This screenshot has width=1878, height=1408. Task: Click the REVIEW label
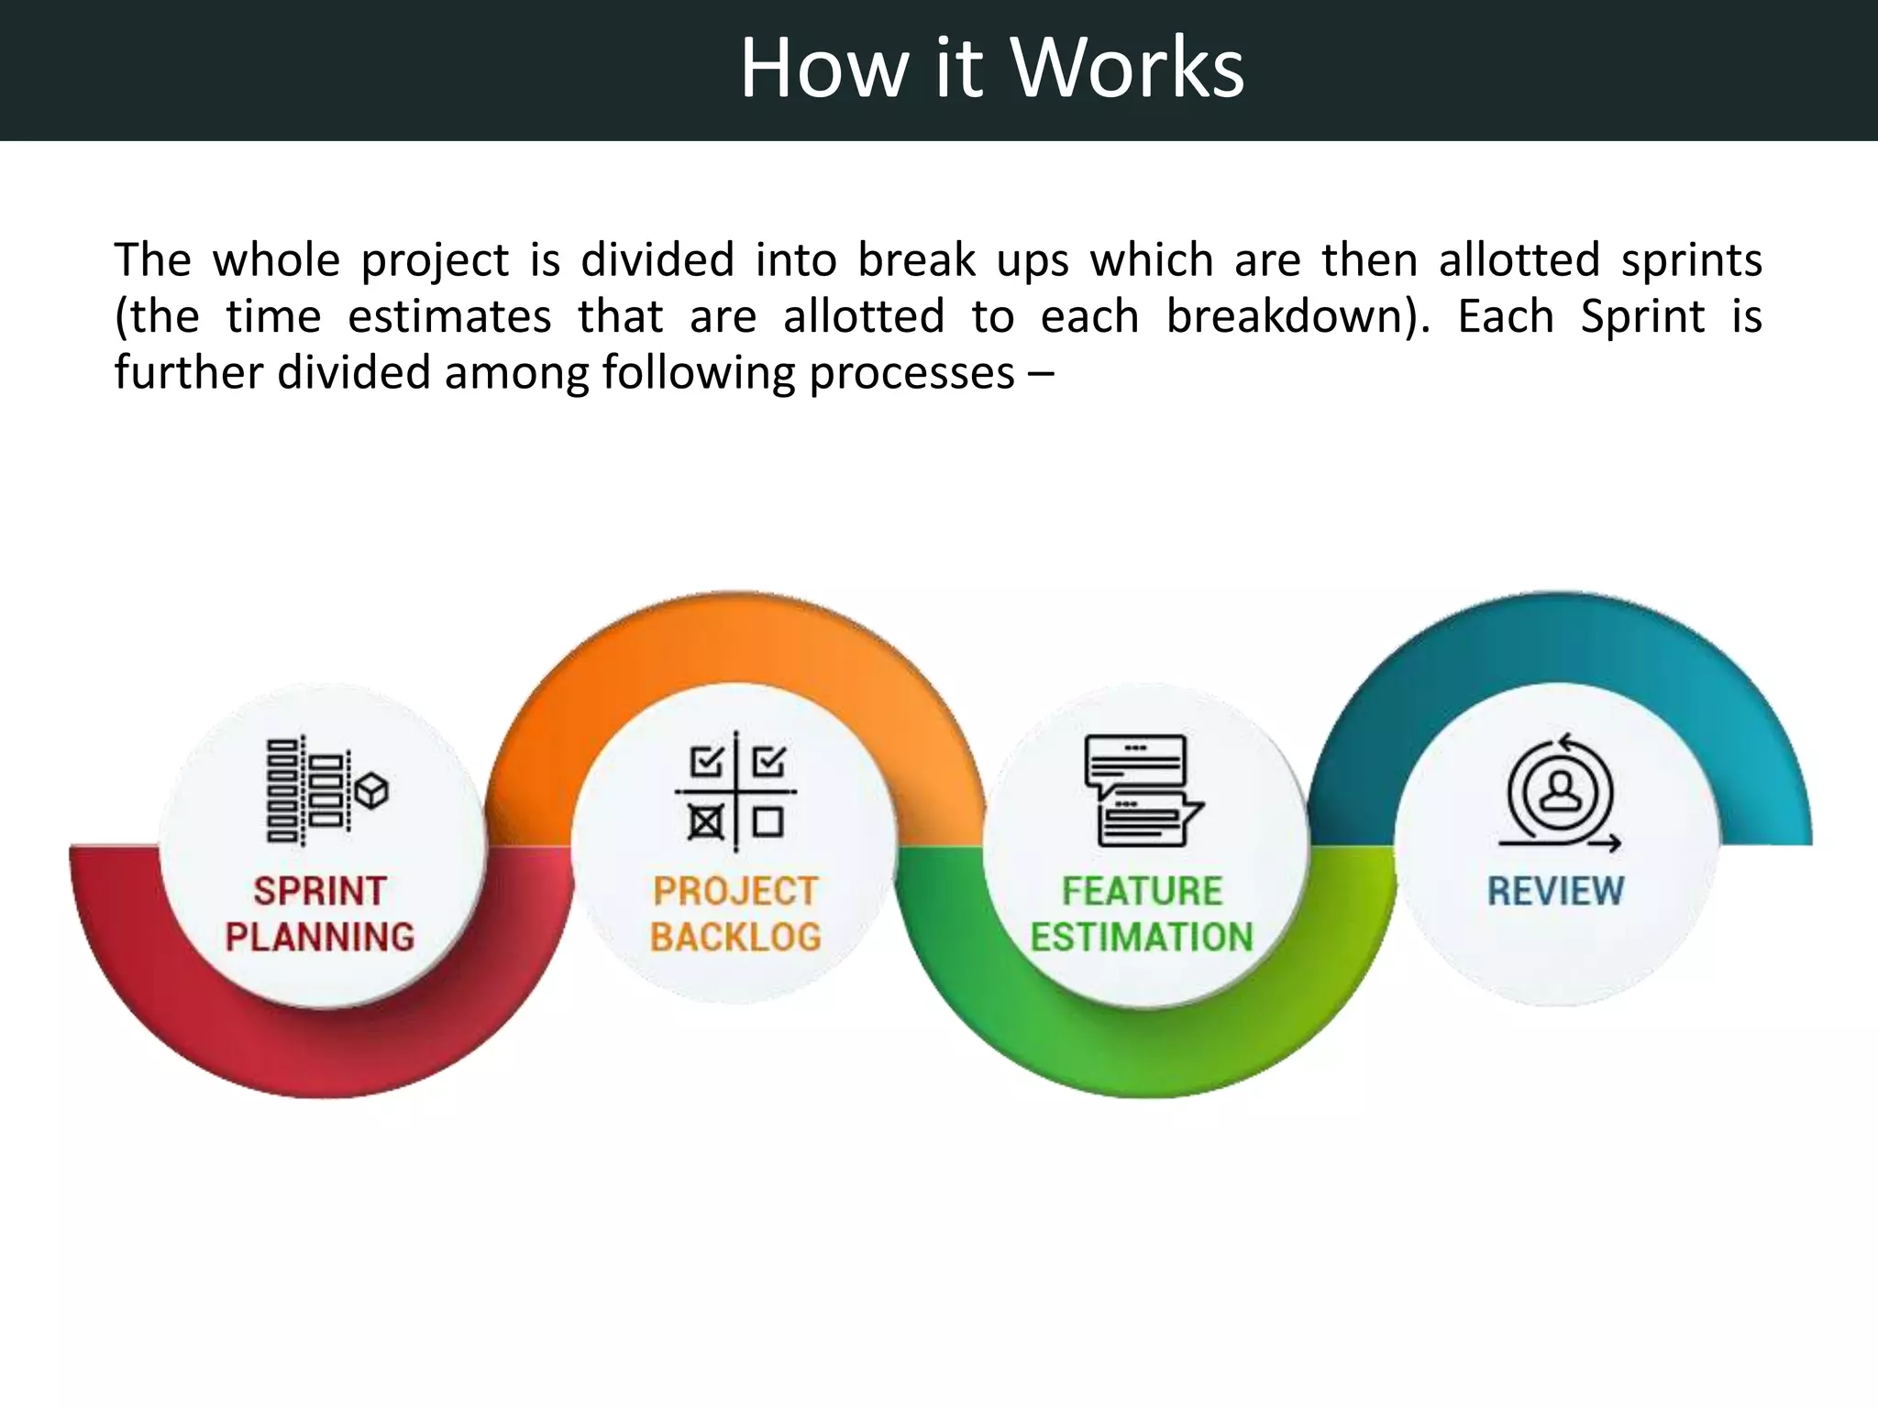[1555, 891]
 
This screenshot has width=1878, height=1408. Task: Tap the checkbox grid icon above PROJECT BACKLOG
[735, 791]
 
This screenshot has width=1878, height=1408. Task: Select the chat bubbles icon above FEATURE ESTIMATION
[1142, 790]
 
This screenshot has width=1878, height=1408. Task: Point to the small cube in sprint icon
[371, 790]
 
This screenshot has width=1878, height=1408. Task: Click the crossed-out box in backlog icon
[705, 822]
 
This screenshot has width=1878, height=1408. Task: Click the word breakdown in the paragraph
[1288, 317]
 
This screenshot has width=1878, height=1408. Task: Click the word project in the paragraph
[435, 261]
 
